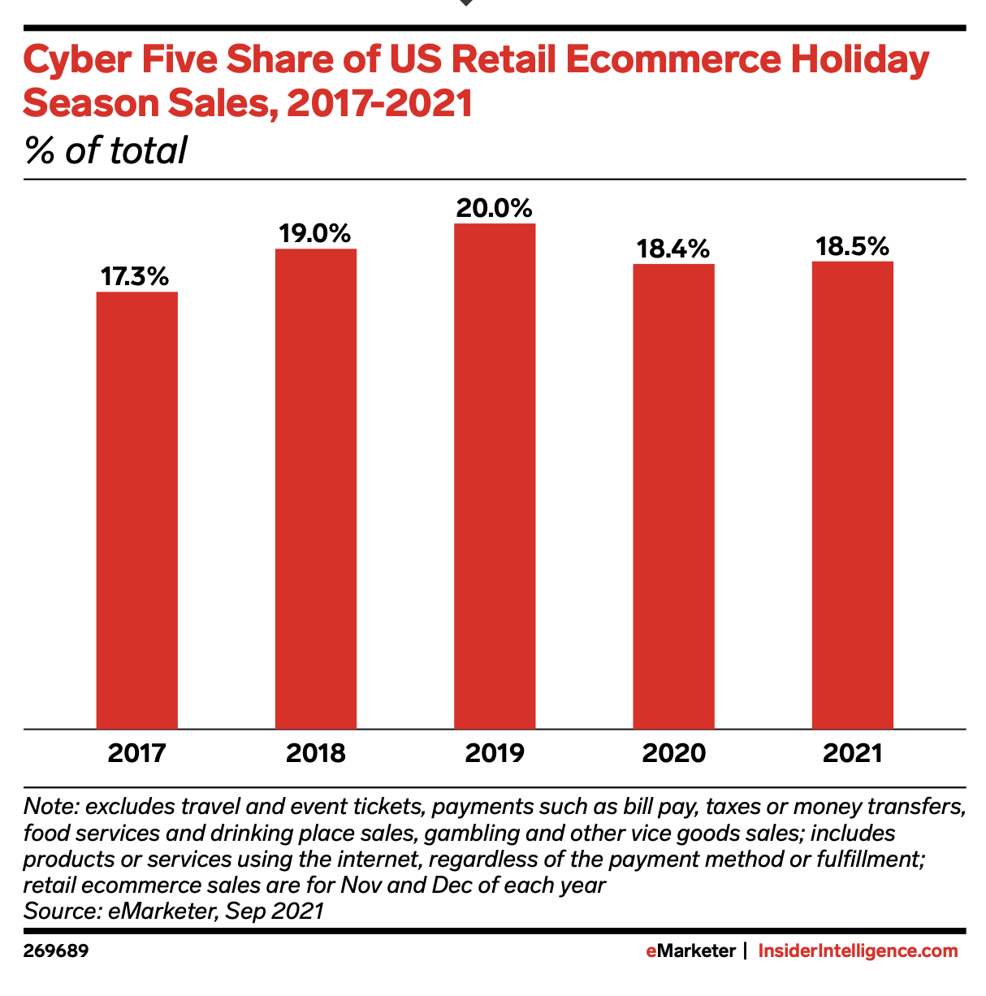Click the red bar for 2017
coord(136,510)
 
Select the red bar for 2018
coord(316,489)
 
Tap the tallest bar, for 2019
coord(495,476)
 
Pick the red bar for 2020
coord(673,496)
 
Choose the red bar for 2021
coord(852,495)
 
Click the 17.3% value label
coord(135,277)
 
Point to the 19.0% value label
coord(315,234)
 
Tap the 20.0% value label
coord(494,208)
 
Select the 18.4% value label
coord(673,249)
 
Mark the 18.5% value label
coord(852,246)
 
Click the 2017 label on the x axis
coord(136,753)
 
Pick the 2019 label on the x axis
coord(495,753)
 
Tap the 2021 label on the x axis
coord(852,753)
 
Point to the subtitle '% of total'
coord(106,150)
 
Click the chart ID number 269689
coord(56,951)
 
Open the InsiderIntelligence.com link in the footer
coord(858,951)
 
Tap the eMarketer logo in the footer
coord(691,951)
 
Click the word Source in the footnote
coord(60,911)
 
